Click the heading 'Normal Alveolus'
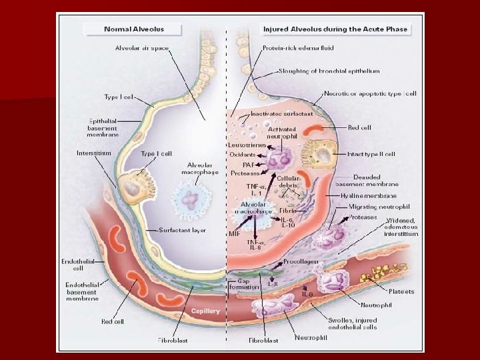(134, 29)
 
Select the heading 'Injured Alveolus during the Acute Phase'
(335, 29)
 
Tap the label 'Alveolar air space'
(143, 49)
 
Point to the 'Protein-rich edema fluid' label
(298, 49)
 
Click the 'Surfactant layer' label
(183, 230)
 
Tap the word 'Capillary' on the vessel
(205, 311)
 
